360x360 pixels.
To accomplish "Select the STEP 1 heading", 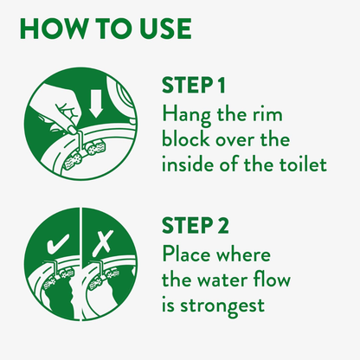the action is coord(193,85).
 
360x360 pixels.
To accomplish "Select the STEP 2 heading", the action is coord(195,226).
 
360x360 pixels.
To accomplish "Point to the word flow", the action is coord(274,279).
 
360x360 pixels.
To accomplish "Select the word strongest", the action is coord(222,306).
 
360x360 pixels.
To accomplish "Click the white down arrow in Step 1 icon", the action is coord(95,103).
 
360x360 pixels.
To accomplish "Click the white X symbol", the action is coord(105,242).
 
